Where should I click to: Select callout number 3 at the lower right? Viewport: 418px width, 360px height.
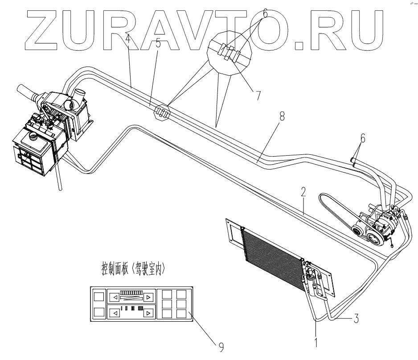coord(355,319)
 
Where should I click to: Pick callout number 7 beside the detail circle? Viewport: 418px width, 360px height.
coord(257,95)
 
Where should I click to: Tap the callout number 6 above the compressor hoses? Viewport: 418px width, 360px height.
coord(363,139)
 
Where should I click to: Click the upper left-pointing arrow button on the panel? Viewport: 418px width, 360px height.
coord(115,297)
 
